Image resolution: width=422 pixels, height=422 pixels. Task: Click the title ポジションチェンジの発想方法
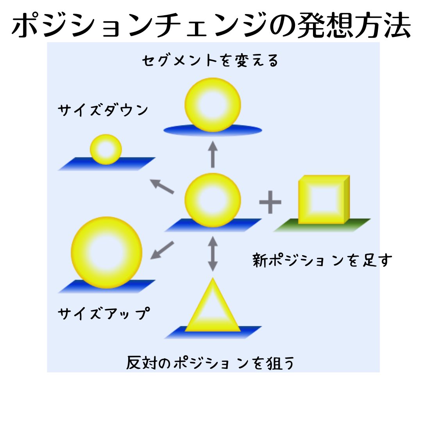(x=211, y=26)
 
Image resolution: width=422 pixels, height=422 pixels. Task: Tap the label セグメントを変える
(x=211, y=61)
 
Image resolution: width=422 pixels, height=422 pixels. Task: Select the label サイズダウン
(x=103, y=111)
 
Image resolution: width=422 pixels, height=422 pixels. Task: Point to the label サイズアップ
(x=104, y=314)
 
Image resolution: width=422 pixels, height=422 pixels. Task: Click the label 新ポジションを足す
(x=322, y=261)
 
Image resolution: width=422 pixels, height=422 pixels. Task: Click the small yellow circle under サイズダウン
(x=106, y=149)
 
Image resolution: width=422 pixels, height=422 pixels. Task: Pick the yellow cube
(x=323, y=200)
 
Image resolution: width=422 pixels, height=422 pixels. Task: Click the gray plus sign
(x=270, y=202)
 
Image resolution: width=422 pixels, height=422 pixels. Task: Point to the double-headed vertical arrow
(x=213, y=253)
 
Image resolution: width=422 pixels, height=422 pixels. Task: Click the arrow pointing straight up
(x=213, y=154)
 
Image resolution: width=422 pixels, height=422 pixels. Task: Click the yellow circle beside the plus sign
(x=213, y=200)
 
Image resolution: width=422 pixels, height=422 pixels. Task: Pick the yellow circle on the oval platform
(x=213, y=104)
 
